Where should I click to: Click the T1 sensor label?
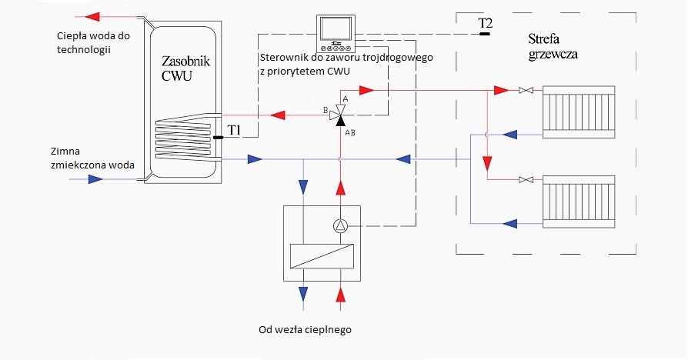[234, 131]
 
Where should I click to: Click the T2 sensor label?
[485, 23]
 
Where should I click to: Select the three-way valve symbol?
[339, 115]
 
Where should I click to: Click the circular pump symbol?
[339, 226]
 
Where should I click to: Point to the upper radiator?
[579, 112]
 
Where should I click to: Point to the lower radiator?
[579, 200]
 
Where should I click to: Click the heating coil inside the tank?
[184, 132]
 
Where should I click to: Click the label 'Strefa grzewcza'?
[553, 46]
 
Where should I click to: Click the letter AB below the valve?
[349, 132]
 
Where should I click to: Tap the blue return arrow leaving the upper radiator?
[509, 134]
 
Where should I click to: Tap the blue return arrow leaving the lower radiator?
[509, 223]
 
